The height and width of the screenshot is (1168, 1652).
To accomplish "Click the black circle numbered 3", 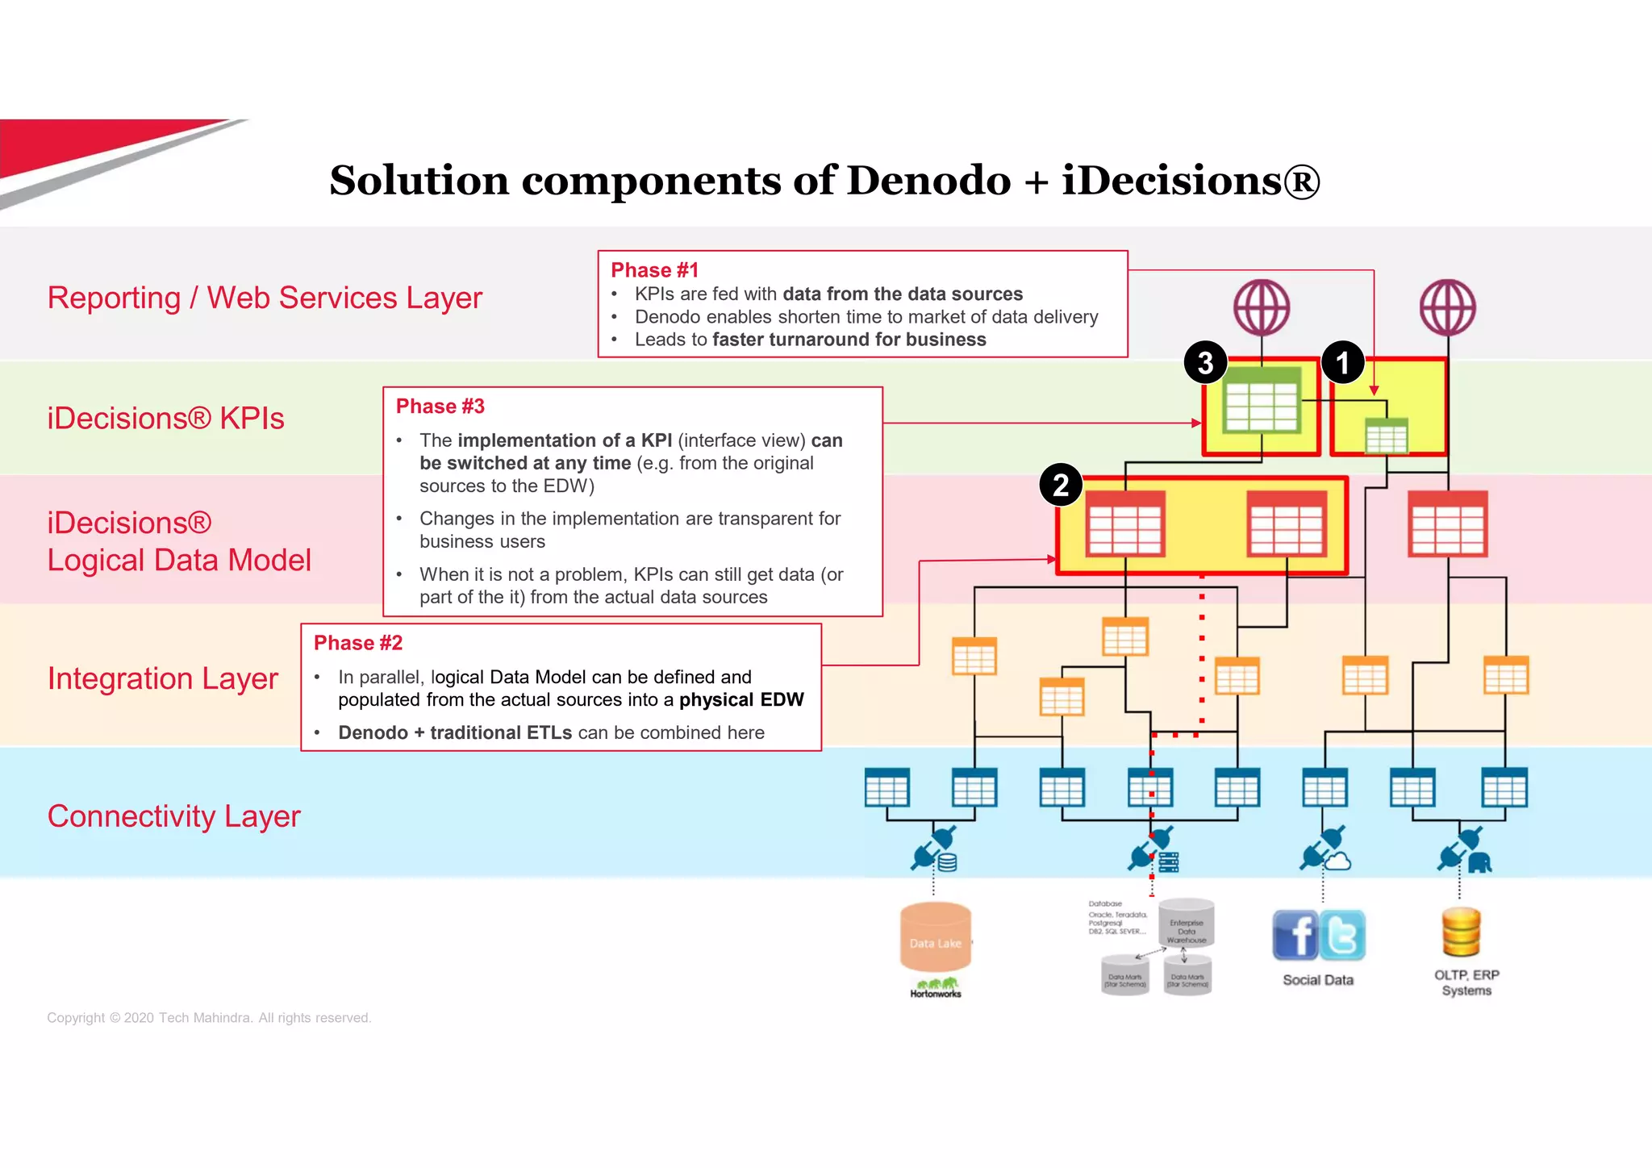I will pos(1205,363).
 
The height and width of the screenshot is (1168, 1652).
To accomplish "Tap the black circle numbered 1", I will pos(1342,363).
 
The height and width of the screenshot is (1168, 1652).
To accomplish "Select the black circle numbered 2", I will pos(1061,485).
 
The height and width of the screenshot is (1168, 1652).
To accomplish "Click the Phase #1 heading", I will pos(654,270).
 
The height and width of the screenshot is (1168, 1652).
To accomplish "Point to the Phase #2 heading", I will pos(357,643).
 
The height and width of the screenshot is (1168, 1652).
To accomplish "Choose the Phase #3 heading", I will pos(440,407).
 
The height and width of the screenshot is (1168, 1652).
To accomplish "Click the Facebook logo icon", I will pos(1295,935).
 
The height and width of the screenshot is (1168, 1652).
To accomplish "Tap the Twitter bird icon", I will pos(1342,935).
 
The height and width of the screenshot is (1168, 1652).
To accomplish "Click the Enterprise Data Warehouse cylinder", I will pos(1186,923).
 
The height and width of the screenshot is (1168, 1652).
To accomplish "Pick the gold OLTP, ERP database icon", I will pos(1461,932).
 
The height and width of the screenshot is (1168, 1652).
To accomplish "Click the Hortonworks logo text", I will pos(936,994).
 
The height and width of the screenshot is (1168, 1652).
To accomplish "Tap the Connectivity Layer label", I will pos(173,816).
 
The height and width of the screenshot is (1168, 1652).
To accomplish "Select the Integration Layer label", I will pos(162,678).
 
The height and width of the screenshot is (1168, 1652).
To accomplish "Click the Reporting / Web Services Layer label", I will pos(265,298).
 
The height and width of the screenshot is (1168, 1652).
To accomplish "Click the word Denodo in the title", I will pos(928,180).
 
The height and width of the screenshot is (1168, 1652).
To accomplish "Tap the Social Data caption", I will pos(1318,980).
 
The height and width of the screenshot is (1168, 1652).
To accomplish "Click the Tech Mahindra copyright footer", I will pos(209,1018).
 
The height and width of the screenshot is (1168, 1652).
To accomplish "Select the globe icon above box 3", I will pos(1262,307).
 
